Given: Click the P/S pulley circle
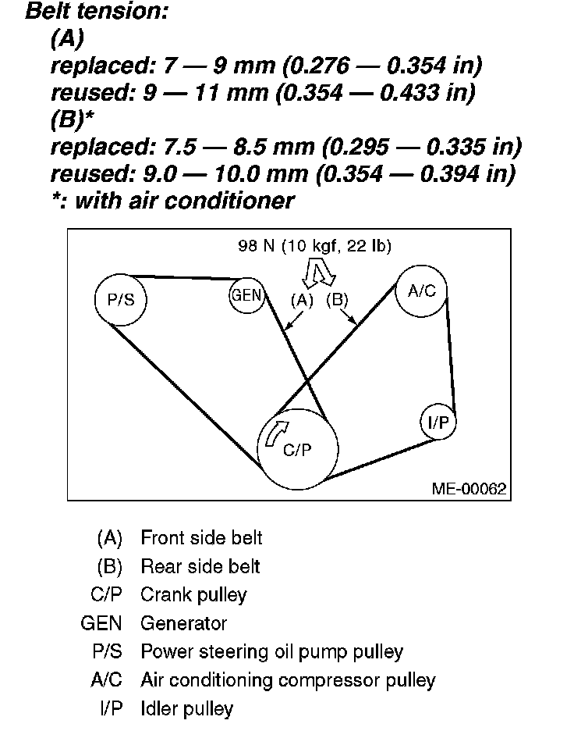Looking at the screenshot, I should coord(120,299).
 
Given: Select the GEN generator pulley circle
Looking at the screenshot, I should coord(247,296).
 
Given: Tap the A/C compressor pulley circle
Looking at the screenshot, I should coord(422,291).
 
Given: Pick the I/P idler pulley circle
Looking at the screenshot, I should coord(438,423).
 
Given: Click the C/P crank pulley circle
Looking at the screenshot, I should coord(298,449).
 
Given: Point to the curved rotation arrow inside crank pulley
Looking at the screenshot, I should coord(276,431).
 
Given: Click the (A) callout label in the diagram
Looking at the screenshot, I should coord(301,300).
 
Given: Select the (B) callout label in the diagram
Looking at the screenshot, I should coord(337,300).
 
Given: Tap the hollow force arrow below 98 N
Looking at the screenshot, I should coord(318,273).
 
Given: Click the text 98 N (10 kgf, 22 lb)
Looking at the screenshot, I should coord(314,246).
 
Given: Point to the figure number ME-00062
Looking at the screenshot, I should coord(469,490).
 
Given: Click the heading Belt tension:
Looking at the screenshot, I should coord(97,12).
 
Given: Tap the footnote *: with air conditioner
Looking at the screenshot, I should coord(172,201).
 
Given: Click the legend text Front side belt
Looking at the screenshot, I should coord(201,538).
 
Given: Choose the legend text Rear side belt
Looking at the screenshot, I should coord(200,566).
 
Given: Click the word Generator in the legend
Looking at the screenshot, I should coord(183,623).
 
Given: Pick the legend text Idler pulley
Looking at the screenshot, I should coord(186,709).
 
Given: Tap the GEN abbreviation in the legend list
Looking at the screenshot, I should coord(98,623).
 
